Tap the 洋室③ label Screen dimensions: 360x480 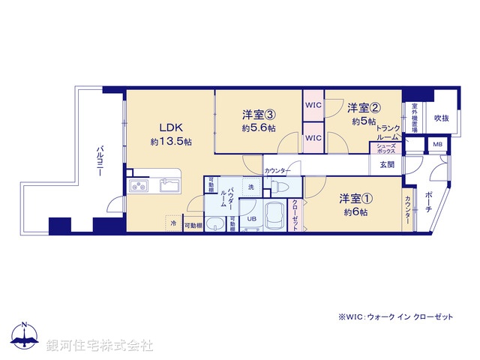click(x=258, y=114)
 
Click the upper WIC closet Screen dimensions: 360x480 click(x=313, y=106)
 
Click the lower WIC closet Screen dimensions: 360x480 click(x=313, y=138)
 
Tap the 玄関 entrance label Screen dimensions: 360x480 click(x=387, y=164)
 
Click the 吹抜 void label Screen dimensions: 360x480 click(x=441, y=118)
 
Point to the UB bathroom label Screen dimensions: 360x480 click(x=252, y=219)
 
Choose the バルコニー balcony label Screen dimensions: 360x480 click(x=100, y=162)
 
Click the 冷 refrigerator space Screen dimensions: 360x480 click(x=173, y=223)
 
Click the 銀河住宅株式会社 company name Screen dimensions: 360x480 click(x=100, y=346)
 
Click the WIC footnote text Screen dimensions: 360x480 click(x=395, y=317)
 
